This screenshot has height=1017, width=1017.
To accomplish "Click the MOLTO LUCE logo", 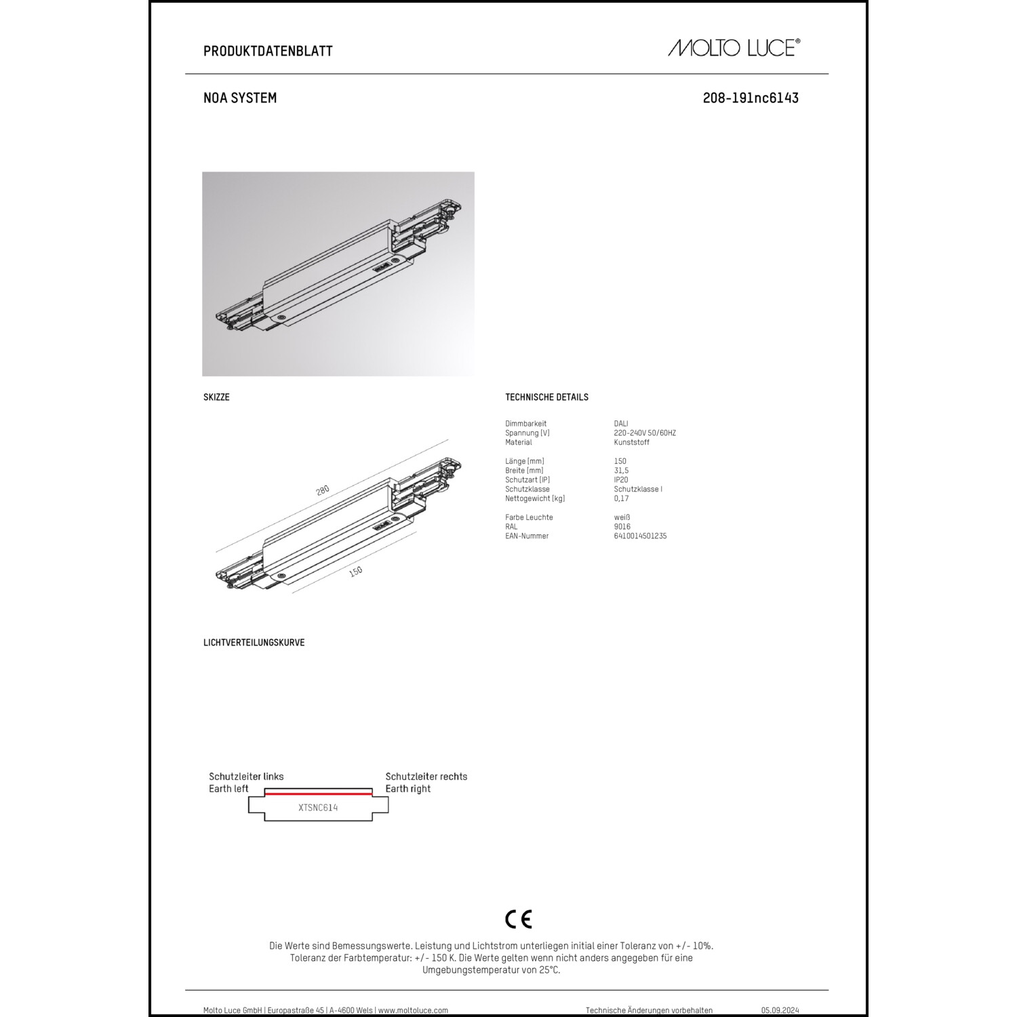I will [734, 47].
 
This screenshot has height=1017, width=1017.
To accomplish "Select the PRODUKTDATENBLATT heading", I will [268, 51].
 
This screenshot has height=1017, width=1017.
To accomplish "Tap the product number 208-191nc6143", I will [751, 98].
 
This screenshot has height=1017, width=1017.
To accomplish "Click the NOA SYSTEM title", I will [240, 98].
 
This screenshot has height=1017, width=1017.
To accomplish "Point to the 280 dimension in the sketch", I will [323, 490].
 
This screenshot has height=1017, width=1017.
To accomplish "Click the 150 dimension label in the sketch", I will [355, 572].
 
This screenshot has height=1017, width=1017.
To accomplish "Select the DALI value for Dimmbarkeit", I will [621, 424].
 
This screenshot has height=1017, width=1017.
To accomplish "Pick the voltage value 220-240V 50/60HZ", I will [645, 433].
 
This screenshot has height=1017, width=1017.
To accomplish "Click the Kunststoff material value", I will [631, 443].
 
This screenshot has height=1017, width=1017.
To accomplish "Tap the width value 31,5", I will [621, 471].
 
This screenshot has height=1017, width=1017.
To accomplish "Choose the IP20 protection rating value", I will [621, 480].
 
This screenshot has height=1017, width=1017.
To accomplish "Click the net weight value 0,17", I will [621, 498].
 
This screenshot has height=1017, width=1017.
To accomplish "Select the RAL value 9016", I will [622, 527].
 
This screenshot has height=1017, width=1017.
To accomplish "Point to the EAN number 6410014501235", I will [640, 536].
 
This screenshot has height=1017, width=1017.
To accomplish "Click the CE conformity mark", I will [519, 919].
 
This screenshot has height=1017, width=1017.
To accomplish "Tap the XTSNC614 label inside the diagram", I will [318, 807].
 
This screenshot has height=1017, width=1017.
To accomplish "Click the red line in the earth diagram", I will [318, 793].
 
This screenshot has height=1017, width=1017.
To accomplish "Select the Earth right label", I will [408, 789].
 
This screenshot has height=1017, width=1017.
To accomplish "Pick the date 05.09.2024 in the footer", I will [780, 1010].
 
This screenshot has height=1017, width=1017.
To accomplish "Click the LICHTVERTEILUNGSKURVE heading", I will [254, 643].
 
